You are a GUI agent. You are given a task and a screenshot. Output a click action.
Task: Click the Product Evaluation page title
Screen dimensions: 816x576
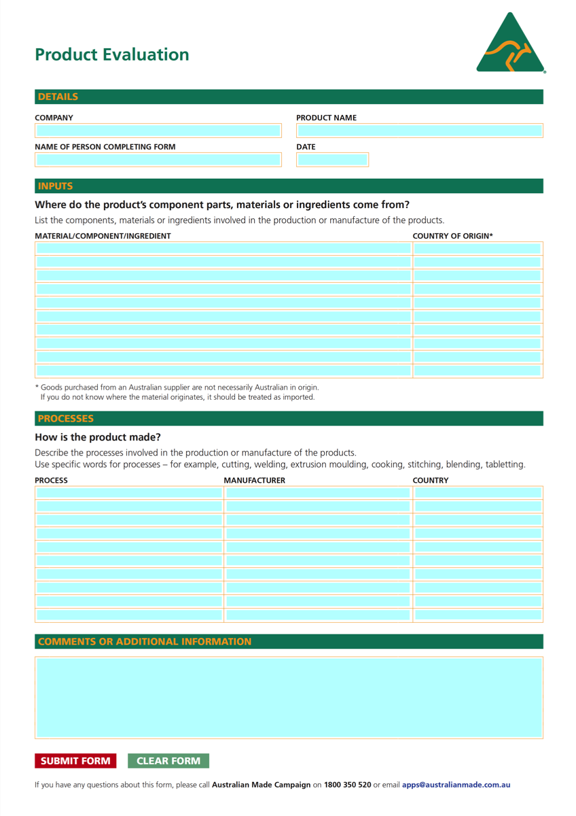tap(112, 55)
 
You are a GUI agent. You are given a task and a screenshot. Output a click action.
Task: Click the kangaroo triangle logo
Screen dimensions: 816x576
tap(511, 44)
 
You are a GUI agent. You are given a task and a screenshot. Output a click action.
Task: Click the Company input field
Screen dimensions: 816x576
tap(158, 131)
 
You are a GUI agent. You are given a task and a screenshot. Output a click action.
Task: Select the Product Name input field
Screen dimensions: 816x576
tap(420, 131)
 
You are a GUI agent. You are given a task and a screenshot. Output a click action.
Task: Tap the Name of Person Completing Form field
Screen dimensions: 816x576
tap(158, 160)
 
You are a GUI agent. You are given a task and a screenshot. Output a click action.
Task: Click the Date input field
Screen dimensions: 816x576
tap(333, 160)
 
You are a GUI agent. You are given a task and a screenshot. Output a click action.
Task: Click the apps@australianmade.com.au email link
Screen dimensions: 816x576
tap(456, 785)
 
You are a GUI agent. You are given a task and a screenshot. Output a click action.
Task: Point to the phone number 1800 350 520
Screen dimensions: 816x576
tap(347, 785)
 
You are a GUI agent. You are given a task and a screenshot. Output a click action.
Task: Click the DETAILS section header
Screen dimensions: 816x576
tap(58, 97)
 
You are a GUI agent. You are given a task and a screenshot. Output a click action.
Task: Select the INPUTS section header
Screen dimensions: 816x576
tap(55, 186)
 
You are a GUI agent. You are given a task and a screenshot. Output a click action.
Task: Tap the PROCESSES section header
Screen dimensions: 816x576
tap(66, 419)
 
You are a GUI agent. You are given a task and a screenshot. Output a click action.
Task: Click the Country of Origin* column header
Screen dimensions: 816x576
tap(453, 236)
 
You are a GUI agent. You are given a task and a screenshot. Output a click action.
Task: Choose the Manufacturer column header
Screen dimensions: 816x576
tap(255, 480)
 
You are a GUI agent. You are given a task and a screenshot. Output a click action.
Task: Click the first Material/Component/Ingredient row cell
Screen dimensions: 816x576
tap(223, 249)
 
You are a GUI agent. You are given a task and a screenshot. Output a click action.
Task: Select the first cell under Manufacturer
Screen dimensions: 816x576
tap(318, 493)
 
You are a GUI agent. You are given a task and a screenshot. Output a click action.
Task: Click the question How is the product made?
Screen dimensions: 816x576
tap(98, 437)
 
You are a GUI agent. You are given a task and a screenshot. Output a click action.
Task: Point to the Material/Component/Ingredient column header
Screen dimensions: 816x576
tap(103, 236)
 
